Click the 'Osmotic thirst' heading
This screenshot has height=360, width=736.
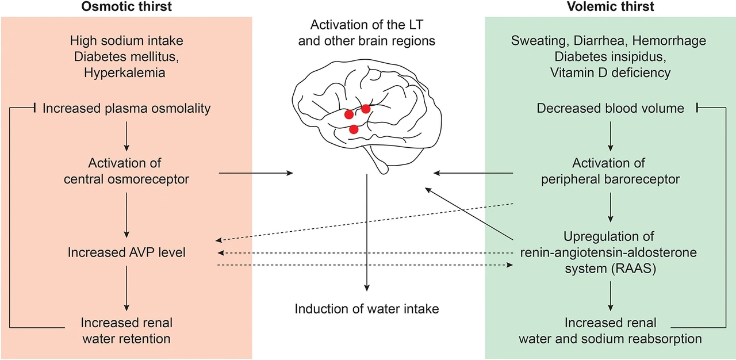(126, 6)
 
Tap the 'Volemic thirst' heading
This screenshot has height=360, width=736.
(610, 6)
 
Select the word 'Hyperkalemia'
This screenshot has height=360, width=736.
(125, 73)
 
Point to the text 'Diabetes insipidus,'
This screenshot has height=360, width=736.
(610, 57)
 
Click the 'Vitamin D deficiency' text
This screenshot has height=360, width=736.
(610, 72)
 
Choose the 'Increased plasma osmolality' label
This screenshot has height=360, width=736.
(126, 108)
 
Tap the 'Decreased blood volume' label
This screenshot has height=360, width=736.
(610, 108)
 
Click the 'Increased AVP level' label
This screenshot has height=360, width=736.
(126, 252)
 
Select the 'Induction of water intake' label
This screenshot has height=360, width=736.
(367, 309)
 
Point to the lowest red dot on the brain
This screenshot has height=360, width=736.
(354, 129)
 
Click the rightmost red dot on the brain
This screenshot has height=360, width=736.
(366, 109)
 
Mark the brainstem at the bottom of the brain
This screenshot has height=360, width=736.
(379, 161)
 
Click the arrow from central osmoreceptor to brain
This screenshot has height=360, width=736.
(256, 173)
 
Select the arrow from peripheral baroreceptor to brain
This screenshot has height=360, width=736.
(473, 173)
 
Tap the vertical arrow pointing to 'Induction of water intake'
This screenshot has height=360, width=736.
(367, 232)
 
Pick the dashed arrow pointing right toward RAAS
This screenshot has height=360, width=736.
(365, 265)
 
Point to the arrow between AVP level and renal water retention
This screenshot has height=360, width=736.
(126, 288)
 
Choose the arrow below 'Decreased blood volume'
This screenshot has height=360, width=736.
(611, 136)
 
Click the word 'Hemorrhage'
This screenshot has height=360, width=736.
(669, 41)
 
